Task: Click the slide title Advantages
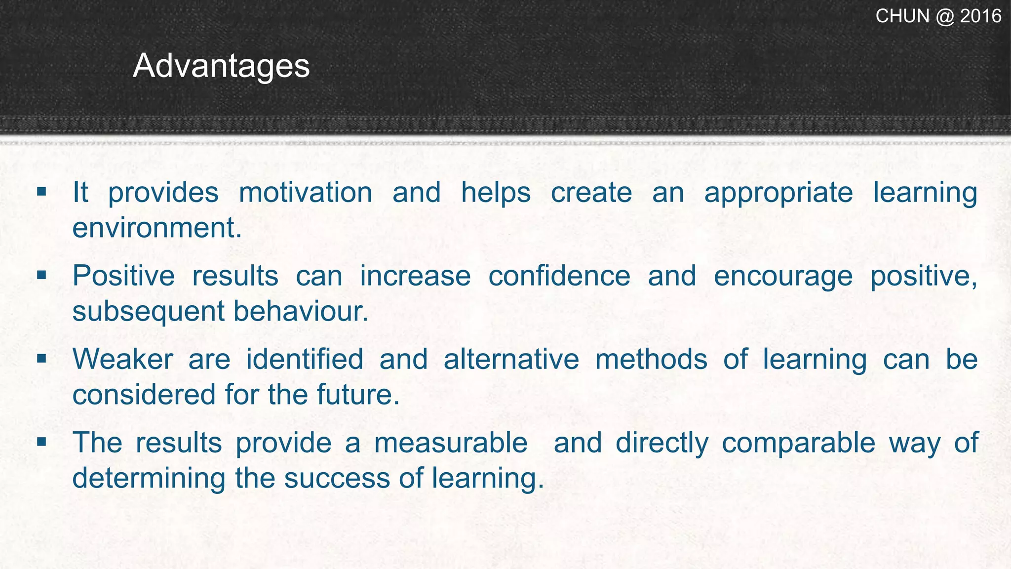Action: (221, 66)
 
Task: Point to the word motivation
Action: (306, 192)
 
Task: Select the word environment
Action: (157, 228)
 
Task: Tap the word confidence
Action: (559, 276)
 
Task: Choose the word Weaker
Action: (123, 359)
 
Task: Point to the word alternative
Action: (511, 359)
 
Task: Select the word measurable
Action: (451, 443)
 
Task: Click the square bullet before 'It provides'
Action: (41, 191)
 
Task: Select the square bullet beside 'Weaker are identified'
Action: (41, 358)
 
